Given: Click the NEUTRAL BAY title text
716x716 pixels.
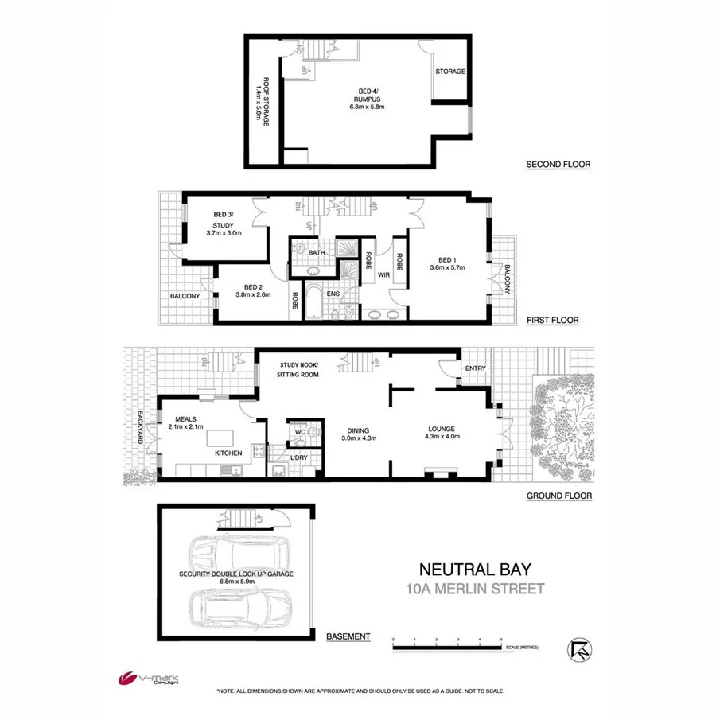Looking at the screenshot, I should click(x=475, y=570).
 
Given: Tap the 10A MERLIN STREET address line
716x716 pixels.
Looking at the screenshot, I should click(x=475, y=589).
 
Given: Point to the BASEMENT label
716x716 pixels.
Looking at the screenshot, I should click(x=348, y=636).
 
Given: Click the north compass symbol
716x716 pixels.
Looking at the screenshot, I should click(x=580, y=648).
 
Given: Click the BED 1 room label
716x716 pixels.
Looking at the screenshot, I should click(x=446, y=263).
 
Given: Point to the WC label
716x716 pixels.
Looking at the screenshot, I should click(x=300, y=432).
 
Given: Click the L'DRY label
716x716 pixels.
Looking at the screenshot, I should click(x=299, y=457).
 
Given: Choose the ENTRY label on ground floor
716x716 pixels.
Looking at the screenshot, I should click(x=475, y=368).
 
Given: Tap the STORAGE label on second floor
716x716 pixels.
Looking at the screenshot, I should click(x=449, y=72).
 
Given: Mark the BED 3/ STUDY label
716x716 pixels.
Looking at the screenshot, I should click(x=223, y=224).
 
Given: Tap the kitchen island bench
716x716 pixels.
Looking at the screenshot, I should click(x=223, y=437).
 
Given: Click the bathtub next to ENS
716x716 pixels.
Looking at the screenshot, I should click(x=313, y=303).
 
